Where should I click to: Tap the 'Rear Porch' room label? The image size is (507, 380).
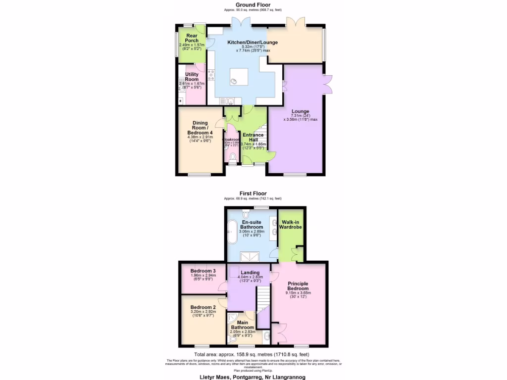click(x=188, y=38)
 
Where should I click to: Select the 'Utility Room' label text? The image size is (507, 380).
click(x=192, y=77)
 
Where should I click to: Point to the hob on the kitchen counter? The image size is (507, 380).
click(x=211, y=75)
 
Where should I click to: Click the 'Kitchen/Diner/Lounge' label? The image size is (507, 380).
click(x=252, y=43)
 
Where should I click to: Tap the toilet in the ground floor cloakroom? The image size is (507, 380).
click(x=233, y=157)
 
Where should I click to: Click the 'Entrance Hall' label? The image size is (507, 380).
click(x=253, y=138)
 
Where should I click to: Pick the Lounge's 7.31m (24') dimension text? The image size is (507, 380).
click(x=300, y=115)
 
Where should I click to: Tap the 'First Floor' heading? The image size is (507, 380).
click(x=253, y=193)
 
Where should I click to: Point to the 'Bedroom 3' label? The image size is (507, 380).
click(x=203, y=271)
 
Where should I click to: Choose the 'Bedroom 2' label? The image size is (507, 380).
click(x=203, y=307)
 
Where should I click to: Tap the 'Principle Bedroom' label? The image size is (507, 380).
click(x=299, y=286)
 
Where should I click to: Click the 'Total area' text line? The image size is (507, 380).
click(x=252, y=354)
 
